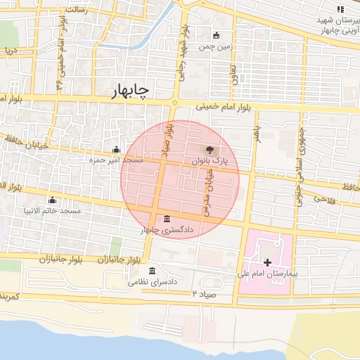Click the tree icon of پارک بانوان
(209, 149)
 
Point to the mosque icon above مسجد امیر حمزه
(116, 149)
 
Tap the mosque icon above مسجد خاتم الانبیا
(51, 200)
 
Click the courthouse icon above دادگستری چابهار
(166, 218)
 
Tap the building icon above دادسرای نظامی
(153, 271)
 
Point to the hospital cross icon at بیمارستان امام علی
(267, 262)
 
